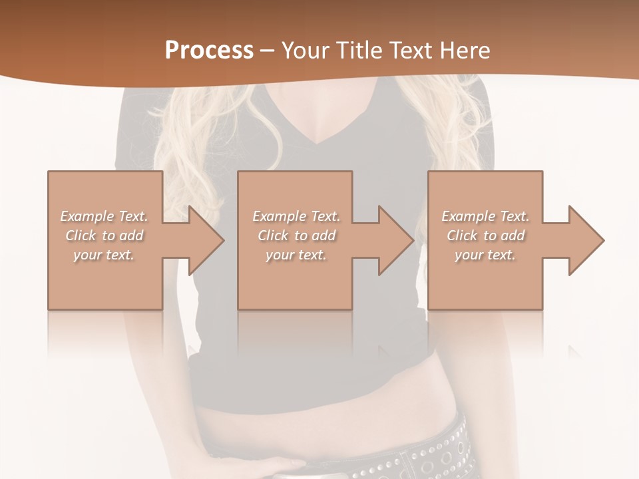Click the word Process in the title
209,51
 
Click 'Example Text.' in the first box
105,216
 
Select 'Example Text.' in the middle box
296,216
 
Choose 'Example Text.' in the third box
485,216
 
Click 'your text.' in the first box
104,255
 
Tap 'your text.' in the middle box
296,255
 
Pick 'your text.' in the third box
485,255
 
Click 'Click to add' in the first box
105,236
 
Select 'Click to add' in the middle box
296,236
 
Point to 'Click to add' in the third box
485,236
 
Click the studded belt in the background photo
433,452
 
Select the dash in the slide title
268,51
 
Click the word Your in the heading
303,51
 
